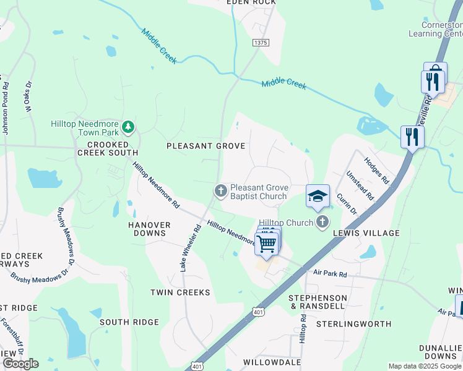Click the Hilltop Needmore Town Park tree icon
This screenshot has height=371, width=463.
point(128,127)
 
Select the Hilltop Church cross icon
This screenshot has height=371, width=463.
point(321,222)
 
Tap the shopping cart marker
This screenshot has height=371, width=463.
point(267,243)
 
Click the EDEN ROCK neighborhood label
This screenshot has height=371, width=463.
point(251,2)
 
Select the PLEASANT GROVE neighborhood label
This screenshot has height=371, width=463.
point(206,146)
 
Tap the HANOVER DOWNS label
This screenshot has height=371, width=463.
point(149,229)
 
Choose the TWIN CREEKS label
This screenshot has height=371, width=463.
point(181,292)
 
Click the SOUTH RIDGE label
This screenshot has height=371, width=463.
point(129,322)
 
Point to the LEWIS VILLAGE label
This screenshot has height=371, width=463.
point(366,233)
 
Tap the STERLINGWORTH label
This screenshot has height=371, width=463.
point(353,324)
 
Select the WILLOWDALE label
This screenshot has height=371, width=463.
point(272,362)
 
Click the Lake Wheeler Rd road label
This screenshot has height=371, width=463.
point(190,247)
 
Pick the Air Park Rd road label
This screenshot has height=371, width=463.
point(330,273)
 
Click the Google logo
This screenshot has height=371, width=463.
point(20,364)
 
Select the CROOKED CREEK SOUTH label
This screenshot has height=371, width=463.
point(108,148)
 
